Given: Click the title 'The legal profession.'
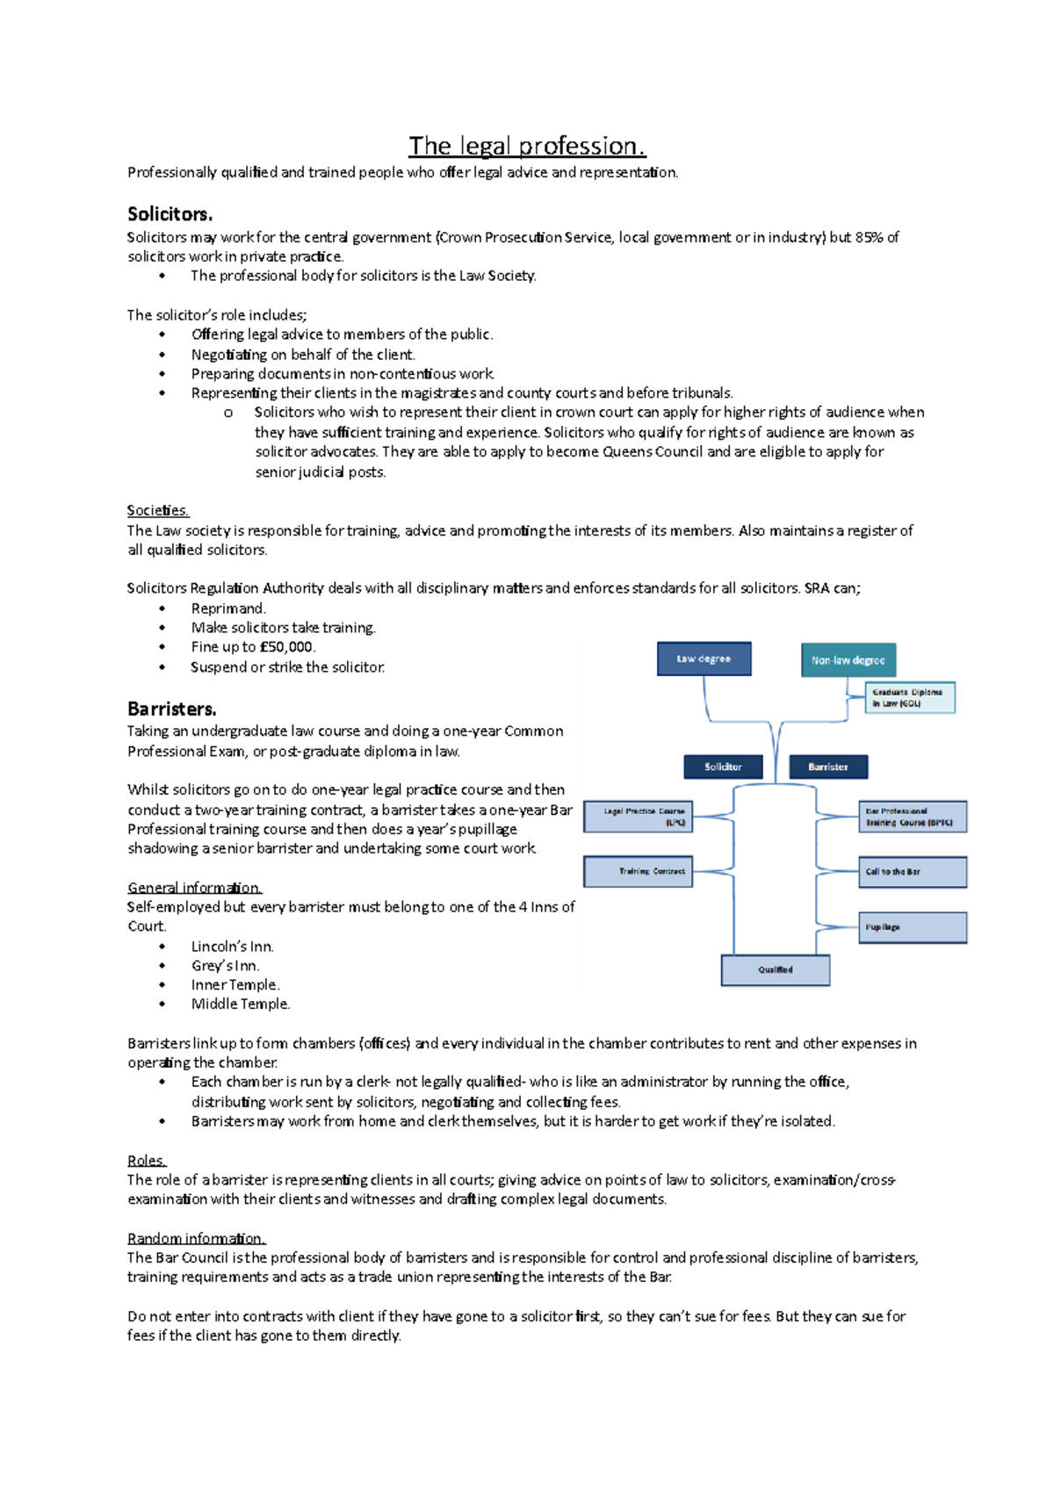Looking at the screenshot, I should (527, 146).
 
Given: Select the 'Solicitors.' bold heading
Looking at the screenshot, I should (170, 214).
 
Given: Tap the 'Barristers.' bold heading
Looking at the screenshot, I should (171, 709).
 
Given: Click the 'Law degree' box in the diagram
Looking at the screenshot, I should (704, 659).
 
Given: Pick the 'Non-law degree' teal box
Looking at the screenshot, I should (848, 660).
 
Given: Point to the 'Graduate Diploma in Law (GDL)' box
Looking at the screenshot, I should (909, 697).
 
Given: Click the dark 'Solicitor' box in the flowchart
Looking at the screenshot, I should (723, 767).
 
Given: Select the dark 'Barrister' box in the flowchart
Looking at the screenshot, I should (828, 767).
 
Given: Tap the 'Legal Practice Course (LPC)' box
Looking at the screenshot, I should (639, 817).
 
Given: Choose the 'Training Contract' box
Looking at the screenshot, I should (639, 871).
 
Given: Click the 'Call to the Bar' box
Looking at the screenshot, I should (912, 872).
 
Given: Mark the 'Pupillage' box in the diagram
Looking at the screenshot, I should (912, 927).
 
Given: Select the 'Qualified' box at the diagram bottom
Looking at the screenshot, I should (775, 969).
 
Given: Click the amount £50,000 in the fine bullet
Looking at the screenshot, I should (286, 647).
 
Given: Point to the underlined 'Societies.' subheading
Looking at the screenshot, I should (157, 510).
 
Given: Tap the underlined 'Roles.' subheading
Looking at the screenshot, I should (146, 1160).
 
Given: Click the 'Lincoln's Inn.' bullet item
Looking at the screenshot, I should (232, 947).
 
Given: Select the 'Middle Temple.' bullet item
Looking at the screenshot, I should (240, 1004).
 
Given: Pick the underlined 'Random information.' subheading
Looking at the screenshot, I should (195, 1238).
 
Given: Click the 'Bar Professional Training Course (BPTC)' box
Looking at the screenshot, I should (912, 817).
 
